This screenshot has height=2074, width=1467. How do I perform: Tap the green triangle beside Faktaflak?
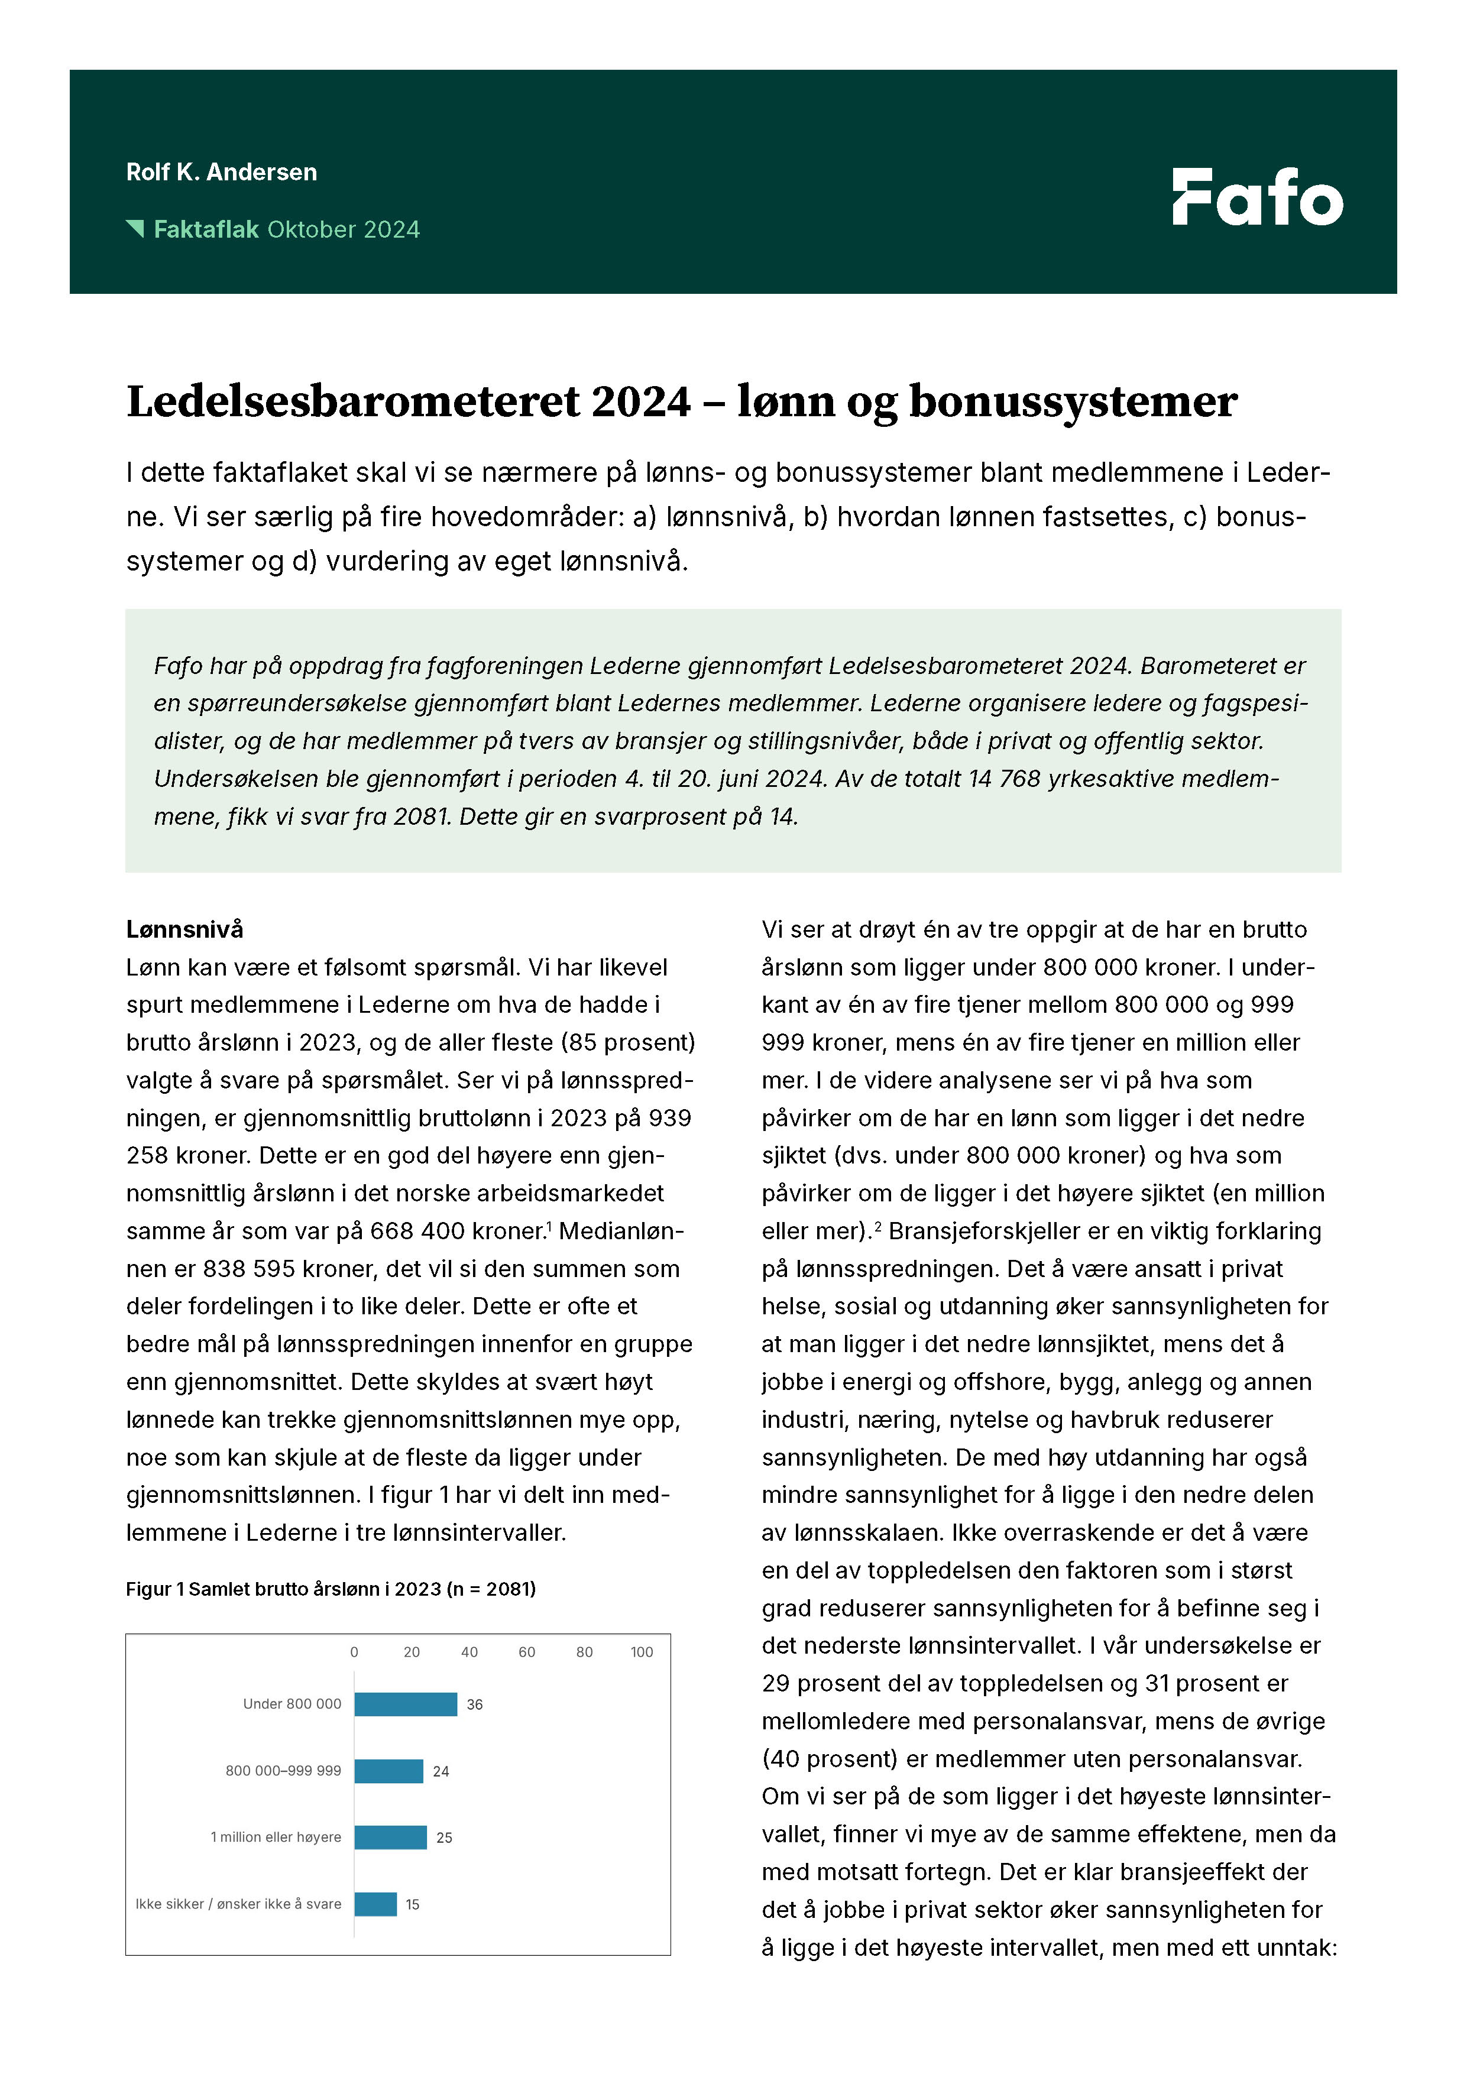[x=135, y=229]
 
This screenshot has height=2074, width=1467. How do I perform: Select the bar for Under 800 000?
[x=406, y=1704]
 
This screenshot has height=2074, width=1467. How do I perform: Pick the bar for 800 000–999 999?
[x=388, y=1771]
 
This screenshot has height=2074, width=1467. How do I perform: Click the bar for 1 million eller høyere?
[x=390, y=1836]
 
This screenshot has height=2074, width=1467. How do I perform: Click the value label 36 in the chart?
[x=474, y=1704]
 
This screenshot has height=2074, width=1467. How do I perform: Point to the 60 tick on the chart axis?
[x=527, y=1652]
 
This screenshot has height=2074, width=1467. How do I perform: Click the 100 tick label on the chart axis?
[x=642, y=1652]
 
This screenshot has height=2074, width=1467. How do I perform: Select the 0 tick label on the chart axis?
[x=354, y=1652]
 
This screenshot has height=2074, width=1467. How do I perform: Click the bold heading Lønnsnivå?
[x=184, y=929]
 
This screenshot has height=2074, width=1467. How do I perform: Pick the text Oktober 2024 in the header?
[x=344, y=229]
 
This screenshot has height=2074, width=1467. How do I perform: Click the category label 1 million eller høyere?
[x=276, y=1836]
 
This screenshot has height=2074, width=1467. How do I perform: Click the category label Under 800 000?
[x=292, y=1704]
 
